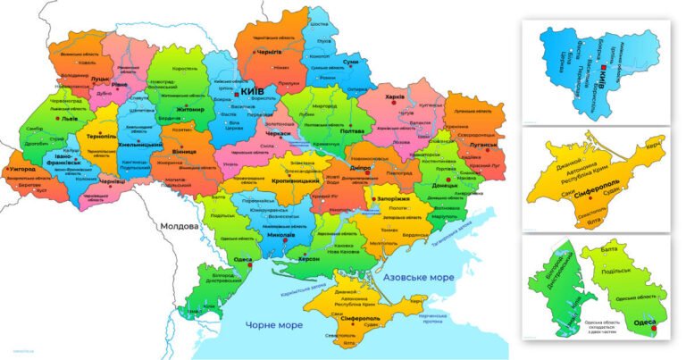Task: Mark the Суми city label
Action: [x=350, y=61]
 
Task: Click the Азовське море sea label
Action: [x=418, y=279]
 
